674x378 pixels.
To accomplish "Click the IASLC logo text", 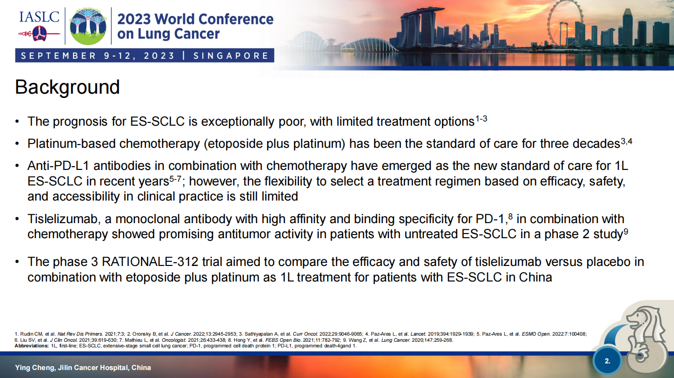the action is pyautogui.click(x=39, y=17).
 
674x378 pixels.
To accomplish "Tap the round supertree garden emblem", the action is pyautogui.click(x=88, y=26).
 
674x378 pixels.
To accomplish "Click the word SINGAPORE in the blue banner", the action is pyautogui.click(x=231, y=56).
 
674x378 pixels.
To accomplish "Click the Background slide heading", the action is pyautogui.click(x=67, y=87).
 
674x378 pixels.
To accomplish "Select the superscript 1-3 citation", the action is pyautogui.click(x=481, y=119).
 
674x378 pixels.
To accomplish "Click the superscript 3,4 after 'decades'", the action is pyautogui.click(x=626, y=141).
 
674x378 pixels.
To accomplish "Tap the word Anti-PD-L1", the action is pyautogui.click(x=58, y=166).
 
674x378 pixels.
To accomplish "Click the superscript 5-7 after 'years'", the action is pyautogui.click(x=175, y=179).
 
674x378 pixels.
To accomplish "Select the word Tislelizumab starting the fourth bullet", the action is pyautogui.click(x=64, y=219).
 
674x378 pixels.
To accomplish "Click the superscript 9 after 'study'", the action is pyautogui.click(x=626, y=232).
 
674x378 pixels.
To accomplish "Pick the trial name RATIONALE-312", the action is pyautogui.click(x=150, y=262).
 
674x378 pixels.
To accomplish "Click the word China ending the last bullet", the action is pyautogui.click(x=535, y=277).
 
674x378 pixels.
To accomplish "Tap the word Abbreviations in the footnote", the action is pyautogui.click(x=32, y=346).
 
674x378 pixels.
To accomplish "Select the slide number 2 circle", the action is pyautogui.click(x=607, y=361).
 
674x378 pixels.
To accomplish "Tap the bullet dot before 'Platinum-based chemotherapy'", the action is pyautogui.click(x=17, y=144).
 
